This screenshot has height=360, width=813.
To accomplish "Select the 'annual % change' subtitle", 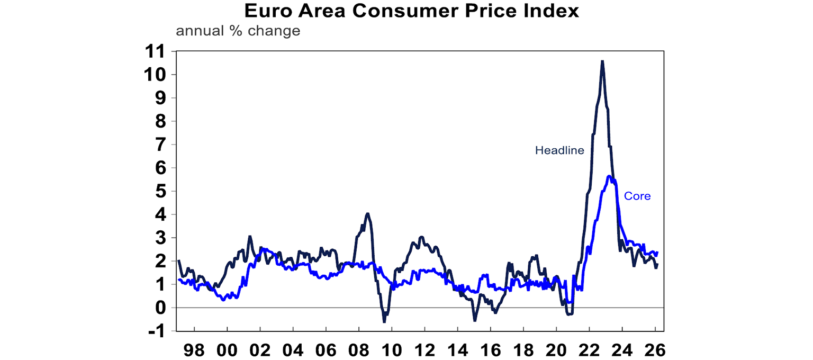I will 238,31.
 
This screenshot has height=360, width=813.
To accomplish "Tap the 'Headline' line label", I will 559,150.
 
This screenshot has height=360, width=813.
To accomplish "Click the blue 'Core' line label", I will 637,196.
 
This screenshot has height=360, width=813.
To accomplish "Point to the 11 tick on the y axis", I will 157,51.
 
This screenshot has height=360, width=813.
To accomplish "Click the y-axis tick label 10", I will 157,75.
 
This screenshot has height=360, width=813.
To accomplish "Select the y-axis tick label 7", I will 161,145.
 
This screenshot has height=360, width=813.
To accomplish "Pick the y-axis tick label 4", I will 161,214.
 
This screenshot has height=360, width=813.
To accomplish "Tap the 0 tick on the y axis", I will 161,308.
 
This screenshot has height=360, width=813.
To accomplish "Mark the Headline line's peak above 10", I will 602,61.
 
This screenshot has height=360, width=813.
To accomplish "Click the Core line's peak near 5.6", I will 609,176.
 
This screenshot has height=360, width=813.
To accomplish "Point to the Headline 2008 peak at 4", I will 367,214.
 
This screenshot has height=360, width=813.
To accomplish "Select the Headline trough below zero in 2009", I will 384,321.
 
